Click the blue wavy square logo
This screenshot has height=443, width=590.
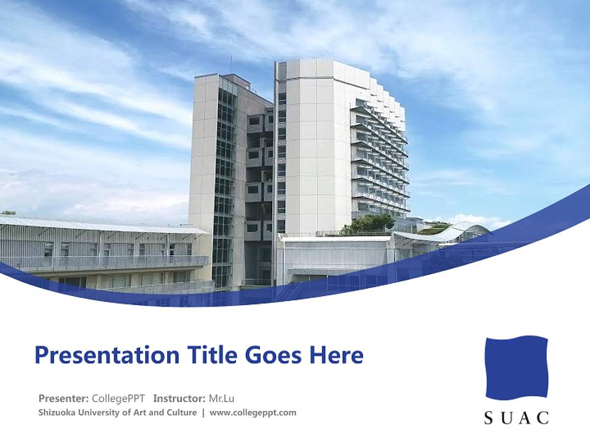pyautogui.click(x=516, y=367)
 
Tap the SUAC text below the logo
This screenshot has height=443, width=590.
pyautogui.click(x=516, y=418)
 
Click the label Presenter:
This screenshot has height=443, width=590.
pyautogui.click(x=63, y=398)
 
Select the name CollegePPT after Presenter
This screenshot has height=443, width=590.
pyautogui.click(x=118, y=398)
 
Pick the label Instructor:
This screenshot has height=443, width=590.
pyautogui.click(x=179, y=398)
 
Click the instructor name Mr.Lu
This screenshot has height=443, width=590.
pyautogui.click(x=223, y=398)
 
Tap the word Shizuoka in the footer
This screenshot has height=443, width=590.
pyautogui.click(x=57, y=413)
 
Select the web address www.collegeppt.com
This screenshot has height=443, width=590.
pyautogui.click(x=253, y=413)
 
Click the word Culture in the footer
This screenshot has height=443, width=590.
pyautogui.click(x=181, y=413)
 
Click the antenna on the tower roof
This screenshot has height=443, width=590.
pyautogui.click(x=231, y=65)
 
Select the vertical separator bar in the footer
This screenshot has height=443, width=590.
pyautogui.click(x=203, y=413)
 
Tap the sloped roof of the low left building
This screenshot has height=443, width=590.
pyautogui.click(x=98, y=225)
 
